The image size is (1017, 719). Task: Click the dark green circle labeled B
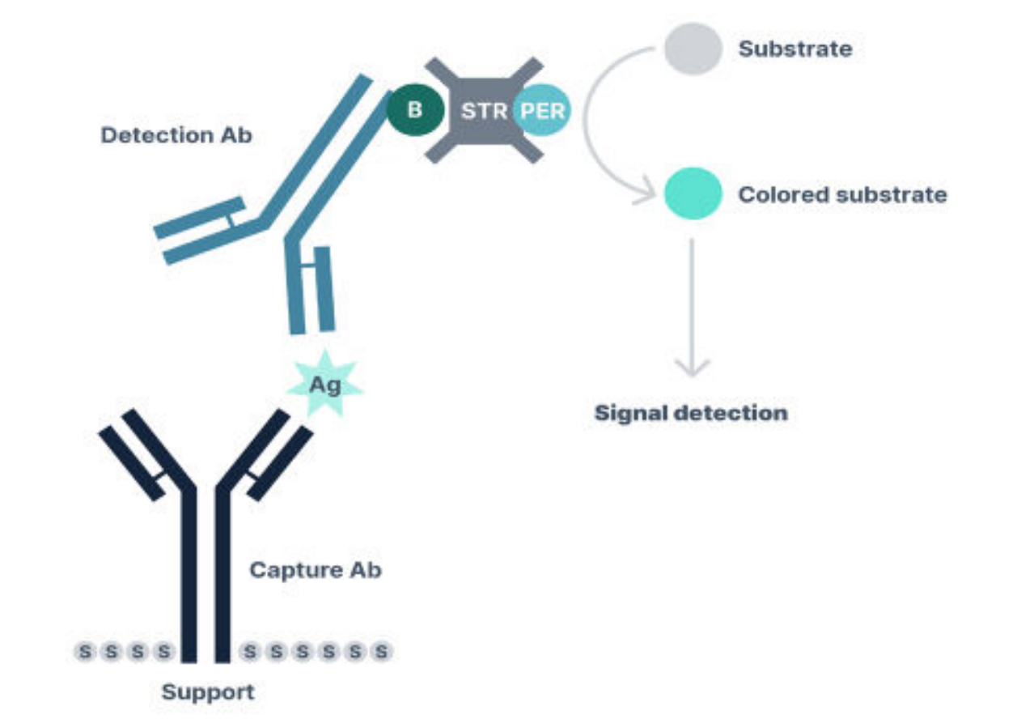click(415, 110)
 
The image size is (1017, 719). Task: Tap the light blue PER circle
click(542, 111)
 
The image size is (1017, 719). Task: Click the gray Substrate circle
click(693, 49)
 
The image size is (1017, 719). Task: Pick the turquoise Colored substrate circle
click(693, 195)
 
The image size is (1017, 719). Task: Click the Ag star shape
click(326, 385)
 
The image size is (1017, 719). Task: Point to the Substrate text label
click(795, 49)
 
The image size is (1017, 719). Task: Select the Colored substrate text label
click(841, 195)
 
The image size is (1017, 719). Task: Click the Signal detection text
click(691, 413)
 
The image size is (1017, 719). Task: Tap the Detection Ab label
click(176, 135)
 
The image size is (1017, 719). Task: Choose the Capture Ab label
click(315, 570)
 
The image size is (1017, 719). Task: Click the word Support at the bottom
click(207, 693)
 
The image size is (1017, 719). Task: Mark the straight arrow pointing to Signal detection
click(691, 308)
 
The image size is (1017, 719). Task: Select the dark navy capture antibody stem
click(206, 583)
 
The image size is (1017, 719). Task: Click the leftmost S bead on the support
click(86, 650)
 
